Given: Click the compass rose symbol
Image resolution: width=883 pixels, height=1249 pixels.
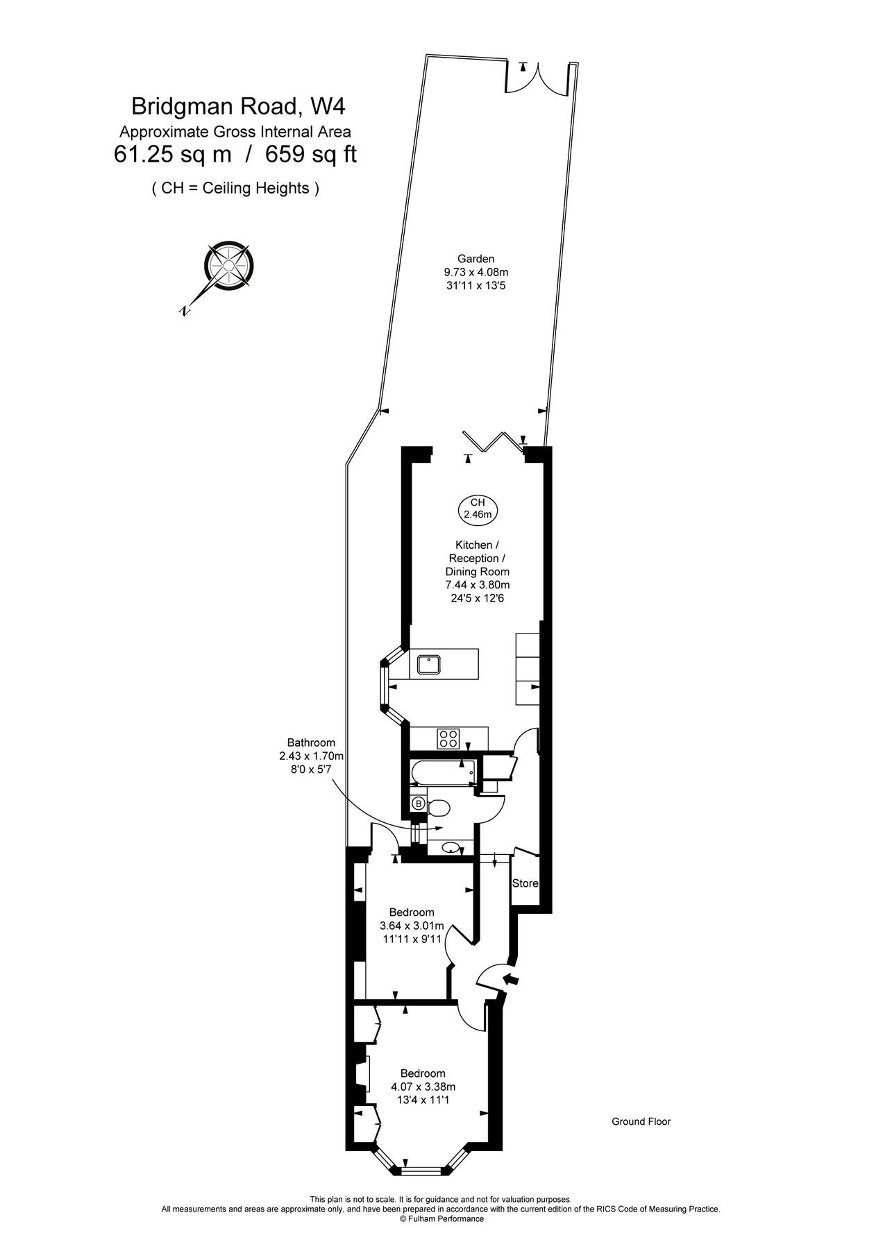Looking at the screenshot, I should click(228, 266).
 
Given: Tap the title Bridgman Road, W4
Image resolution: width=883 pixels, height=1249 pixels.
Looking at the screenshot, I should click(238, 106).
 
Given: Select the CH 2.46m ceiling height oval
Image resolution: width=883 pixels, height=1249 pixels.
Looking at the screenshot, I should click(478, 509).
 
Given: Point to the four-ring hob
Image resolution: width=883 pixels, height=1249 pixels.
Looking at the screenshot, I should click(448, 738).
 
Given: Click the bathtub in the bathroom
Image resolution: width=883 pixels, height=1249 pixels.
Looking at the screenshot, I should click(442, 772).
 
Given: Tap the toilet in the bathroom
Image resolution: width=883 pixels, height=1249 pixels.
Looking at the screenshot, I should click(439, 808).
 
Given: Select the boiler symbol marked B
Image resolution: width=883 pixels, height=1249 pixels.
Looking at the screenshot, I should click(419, 804).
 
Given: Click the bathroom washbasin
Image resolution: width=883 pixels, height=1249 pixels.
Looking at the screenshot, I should click(451, 847).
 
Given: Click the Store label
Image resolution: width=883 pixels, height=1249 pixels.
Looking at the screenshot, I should click(525, 883).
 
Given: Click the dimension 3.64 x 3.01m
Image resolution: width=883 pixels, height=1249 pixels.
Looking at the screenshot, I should click(412, 926).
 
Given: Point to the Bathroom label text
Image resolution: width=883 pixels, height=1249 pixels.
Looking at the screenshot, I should click(311, 742).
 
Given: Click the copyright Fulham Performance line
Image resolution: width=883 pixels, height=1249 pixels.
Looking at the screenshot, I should click(441, 1218).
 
